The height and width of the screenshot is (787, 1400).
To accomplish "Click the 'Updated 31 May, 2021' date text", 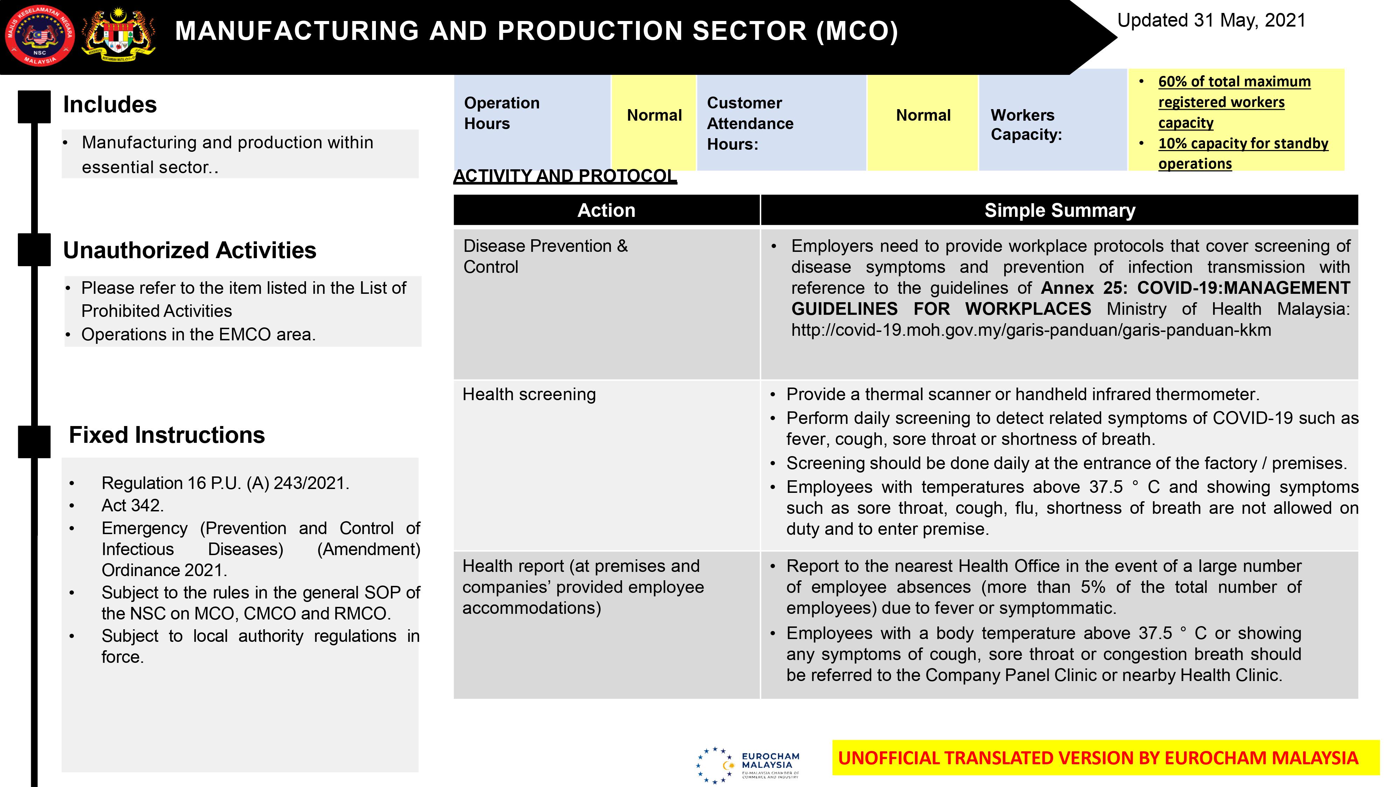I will click(1211, 21).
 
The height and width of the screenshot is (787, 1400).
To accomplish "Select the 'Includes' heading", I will click(110, 104).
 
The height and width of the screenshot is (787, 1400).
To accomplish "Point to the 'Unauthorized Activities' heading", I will click(190, 250).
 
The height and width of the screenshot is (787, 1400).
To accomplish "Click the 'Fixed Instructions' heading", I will click(167, 435).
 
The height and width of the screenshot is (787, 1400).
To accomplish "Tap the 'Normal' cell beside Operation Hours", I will click(654, 115).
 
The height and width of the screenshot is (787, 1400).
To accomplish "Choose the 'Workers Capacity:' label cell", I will click(1026, 125).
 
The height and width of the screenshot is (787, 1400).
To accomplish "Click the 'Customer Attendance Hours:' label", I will click(750, 123).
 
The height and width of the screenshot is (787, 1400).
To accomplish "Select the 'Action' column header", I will click(606, 210).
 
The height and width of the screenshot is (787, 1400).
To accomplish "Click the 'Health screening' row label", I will click(529, 394).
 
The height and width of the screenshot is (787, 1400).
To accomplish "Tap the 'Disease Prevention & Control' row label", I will click(545, 256).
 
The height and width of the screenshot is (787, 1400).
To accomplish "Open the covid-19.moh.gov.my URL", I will click(1031, 330).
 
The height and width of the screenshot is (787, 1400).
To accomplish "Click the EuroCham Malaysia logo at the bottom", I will click(748, 765).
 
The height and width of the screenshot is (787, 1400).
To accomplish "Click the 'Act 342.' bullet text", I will click(132, 506).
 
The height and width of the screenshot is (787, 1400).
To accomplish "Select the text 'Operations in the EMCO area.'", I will click(198, 335).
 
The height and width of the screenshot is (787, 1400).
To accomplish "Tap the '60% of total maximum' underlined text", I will click(1234, 81).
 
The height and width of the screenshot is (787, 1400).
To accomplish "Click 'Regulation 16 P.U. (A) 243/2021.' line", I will click(225, 483).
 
